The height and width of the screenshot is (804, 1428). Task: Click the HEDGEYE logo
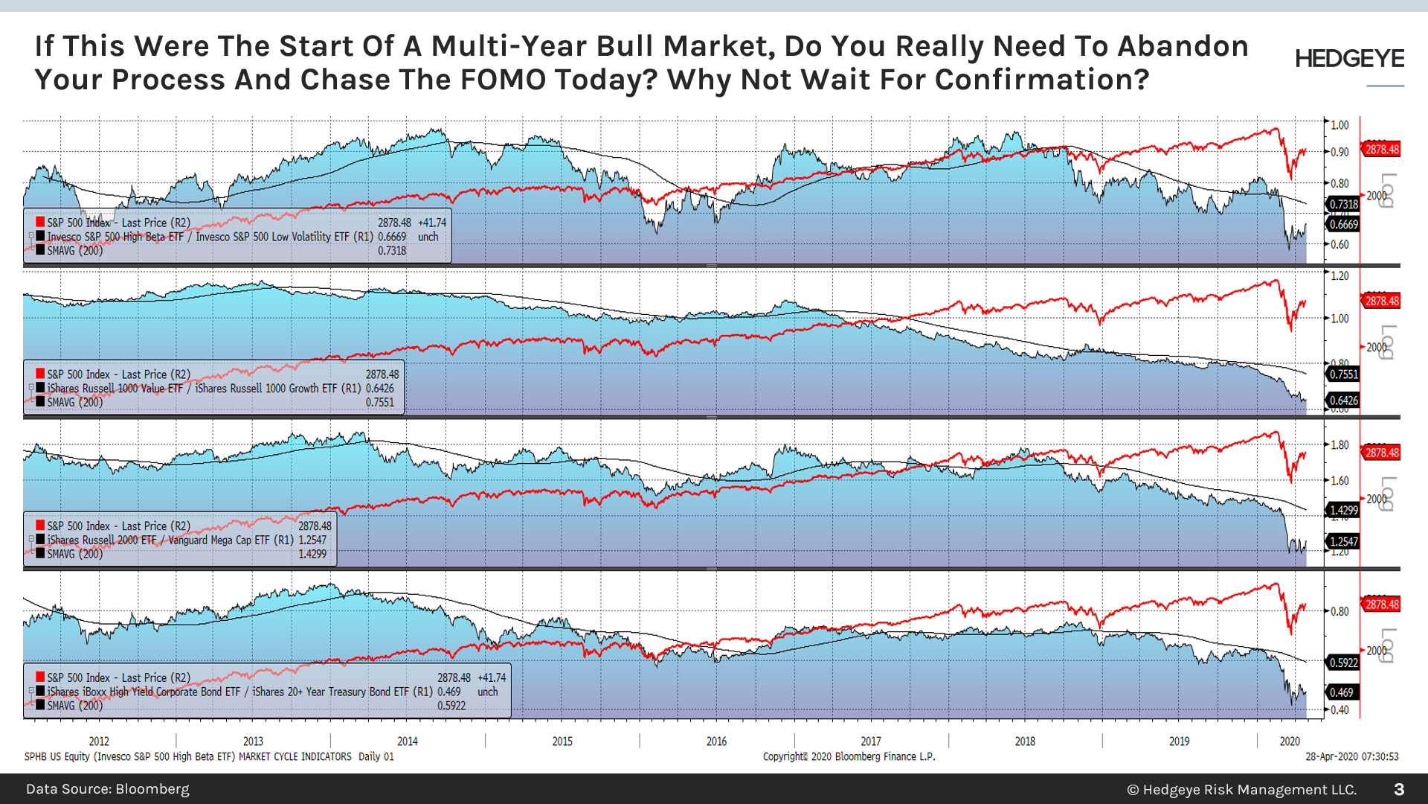pos(1349,59)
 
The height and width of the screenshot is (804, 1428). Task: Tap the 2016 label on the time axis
pos(716,741)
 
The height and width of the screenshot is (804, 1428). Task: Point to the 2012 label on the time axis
pos(99,741)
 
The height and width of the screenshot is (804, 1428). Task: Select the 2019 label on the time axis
pos(1179,741)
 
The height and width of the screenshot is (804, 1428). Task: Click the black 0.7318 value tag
pos(1343,204)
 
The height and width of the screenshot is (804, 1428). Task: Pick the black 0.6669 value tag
pos(1343,224)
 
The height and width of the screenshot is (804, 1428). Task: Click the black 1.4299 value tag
pos(1343,510)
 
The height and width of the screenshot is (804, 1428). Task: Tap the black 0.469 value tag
pos(1341,692)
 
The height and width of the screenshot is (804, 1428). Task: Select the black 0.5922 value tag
pos(1343,663)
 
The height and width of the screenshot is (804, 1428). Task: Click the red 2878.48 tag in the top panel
pos(1381,150)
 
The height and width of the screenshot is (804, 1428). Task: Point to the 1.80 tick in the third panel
pos(1339,445)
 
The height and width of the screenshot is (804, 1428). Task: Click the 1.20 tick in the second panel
pos(1339,276)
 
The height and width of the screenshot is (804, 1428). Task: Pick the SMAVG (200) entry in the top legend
pos(74,251)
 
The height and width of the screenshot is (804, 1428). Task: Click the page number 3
pos(1398,789)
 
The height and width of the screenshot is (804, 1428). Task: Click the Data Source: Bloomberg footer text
pos(108,789)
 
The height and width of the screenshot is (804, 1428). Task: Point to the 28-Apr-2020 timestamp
pos(1351,756)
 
